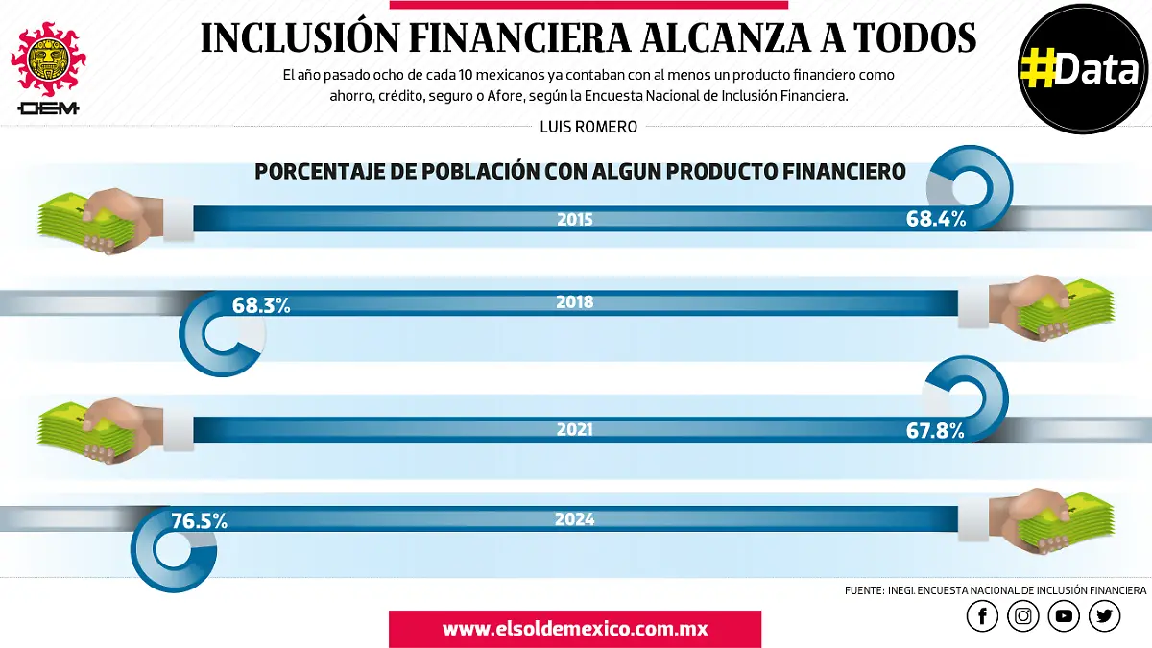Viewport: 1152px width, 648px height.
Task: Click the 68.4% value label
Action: [x=935, y=219]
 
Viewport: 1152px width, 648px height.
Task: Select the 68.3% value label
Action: [x=261, y=306]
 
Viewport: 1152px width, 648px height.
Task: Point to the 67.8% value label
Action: [x=934, y=431]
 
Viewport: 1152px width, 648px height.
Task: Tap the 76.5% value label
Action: [x=199, y=522]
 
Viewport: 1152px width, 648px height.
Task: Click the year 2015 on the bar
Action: [x=574, y=219]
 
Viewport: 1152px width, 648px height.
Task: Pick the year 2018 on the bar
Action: [x=574, y=302]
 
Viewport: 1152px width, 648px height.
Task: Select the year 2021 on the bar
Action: [x=574, y=430]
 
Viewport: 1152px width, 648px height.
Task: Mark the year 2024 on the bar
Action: [x=574, y=519]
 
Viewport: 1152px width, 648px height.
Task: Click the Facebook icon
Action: [x=982, y=616]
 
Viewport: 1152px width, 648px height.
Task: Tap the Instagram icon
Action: [x=1023, y=616]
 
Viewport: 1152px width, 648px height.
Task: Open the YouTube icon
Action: [x=1065, y=616]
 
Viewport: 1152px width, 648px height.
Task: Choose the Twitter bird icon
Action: [x=1105, y=616]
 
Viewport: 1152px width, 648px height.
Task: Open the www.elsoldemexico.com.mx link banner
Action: [x=574, y=630]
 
